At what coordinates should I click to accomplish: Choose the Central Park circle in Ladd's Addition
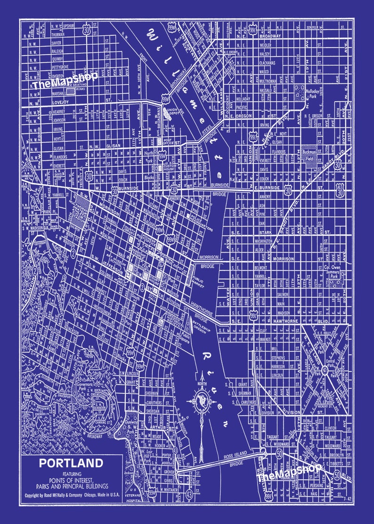[x=325, y=371]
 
